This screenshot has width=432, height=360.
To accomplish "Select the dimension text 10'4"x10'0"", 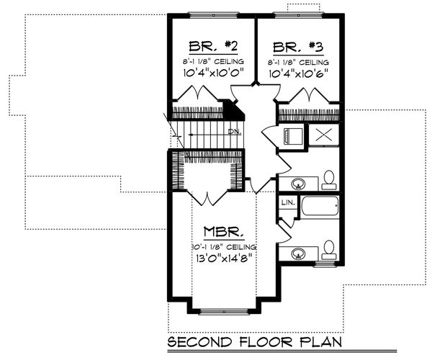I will tap(212, 73).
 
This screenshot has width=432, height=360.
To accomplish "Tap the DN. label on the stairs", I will tap(234, 132).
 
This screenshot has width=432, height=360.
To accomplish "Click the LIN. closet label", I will tap(287, 203).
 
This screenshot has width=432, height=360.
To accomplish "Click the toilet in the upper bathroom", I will tap(328, 177).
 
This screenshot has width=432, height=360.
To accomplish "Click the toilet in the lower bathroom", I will tap(328, 249).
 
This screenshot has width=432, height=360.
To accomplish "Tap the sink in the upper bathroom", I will tap(297, 181).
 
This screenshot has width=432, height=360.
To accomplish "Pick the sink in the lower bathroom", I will tap(297, 253).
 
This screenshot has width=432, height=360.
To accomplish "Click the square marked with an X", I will tap(323, 135).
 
